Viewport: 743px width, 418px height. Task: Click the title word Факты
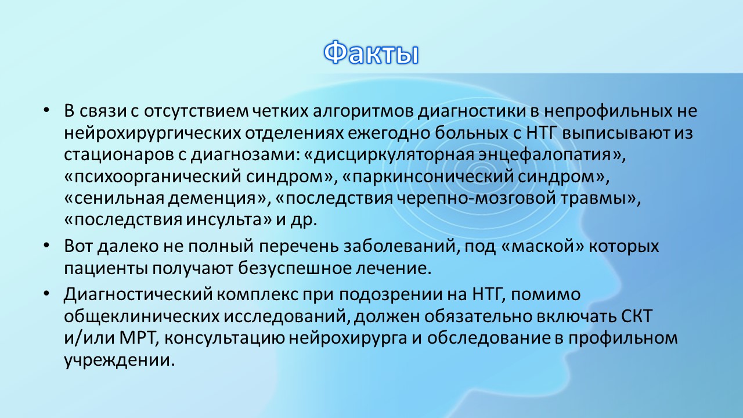pos(371,53)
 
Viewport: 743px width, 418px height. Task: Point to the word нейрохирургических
pos(152,134)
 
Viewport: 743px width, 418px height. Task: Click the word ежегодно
pos(388,134)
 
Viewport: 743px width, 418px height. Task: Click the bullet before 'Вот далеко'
pos(46,246)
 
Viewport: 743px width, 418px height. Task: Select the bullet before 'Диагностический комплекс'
pos(46,293)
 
